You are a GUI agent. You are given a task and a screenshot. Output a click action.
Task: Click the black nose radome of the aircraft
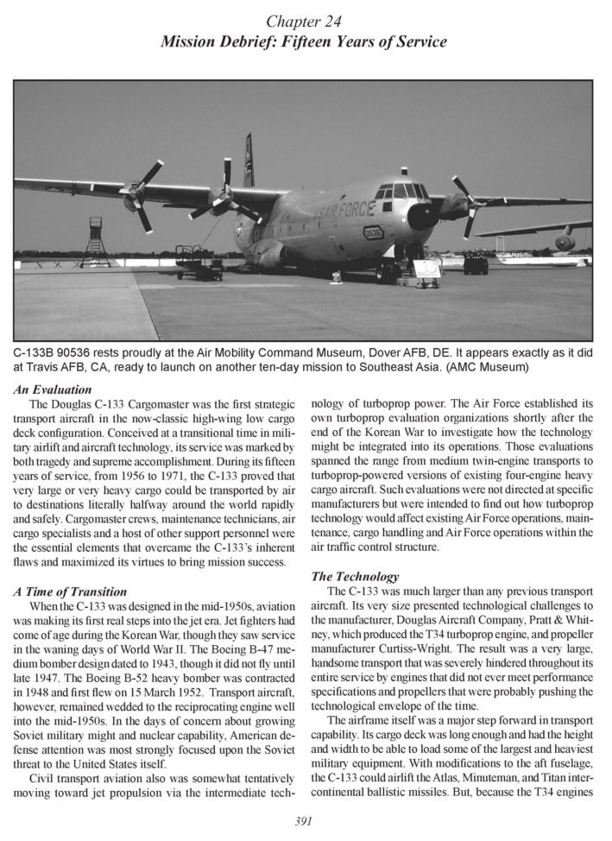point(423,216)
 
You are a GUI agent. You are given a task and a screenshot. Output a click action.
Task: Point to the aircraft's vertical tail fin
point(249,161)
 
